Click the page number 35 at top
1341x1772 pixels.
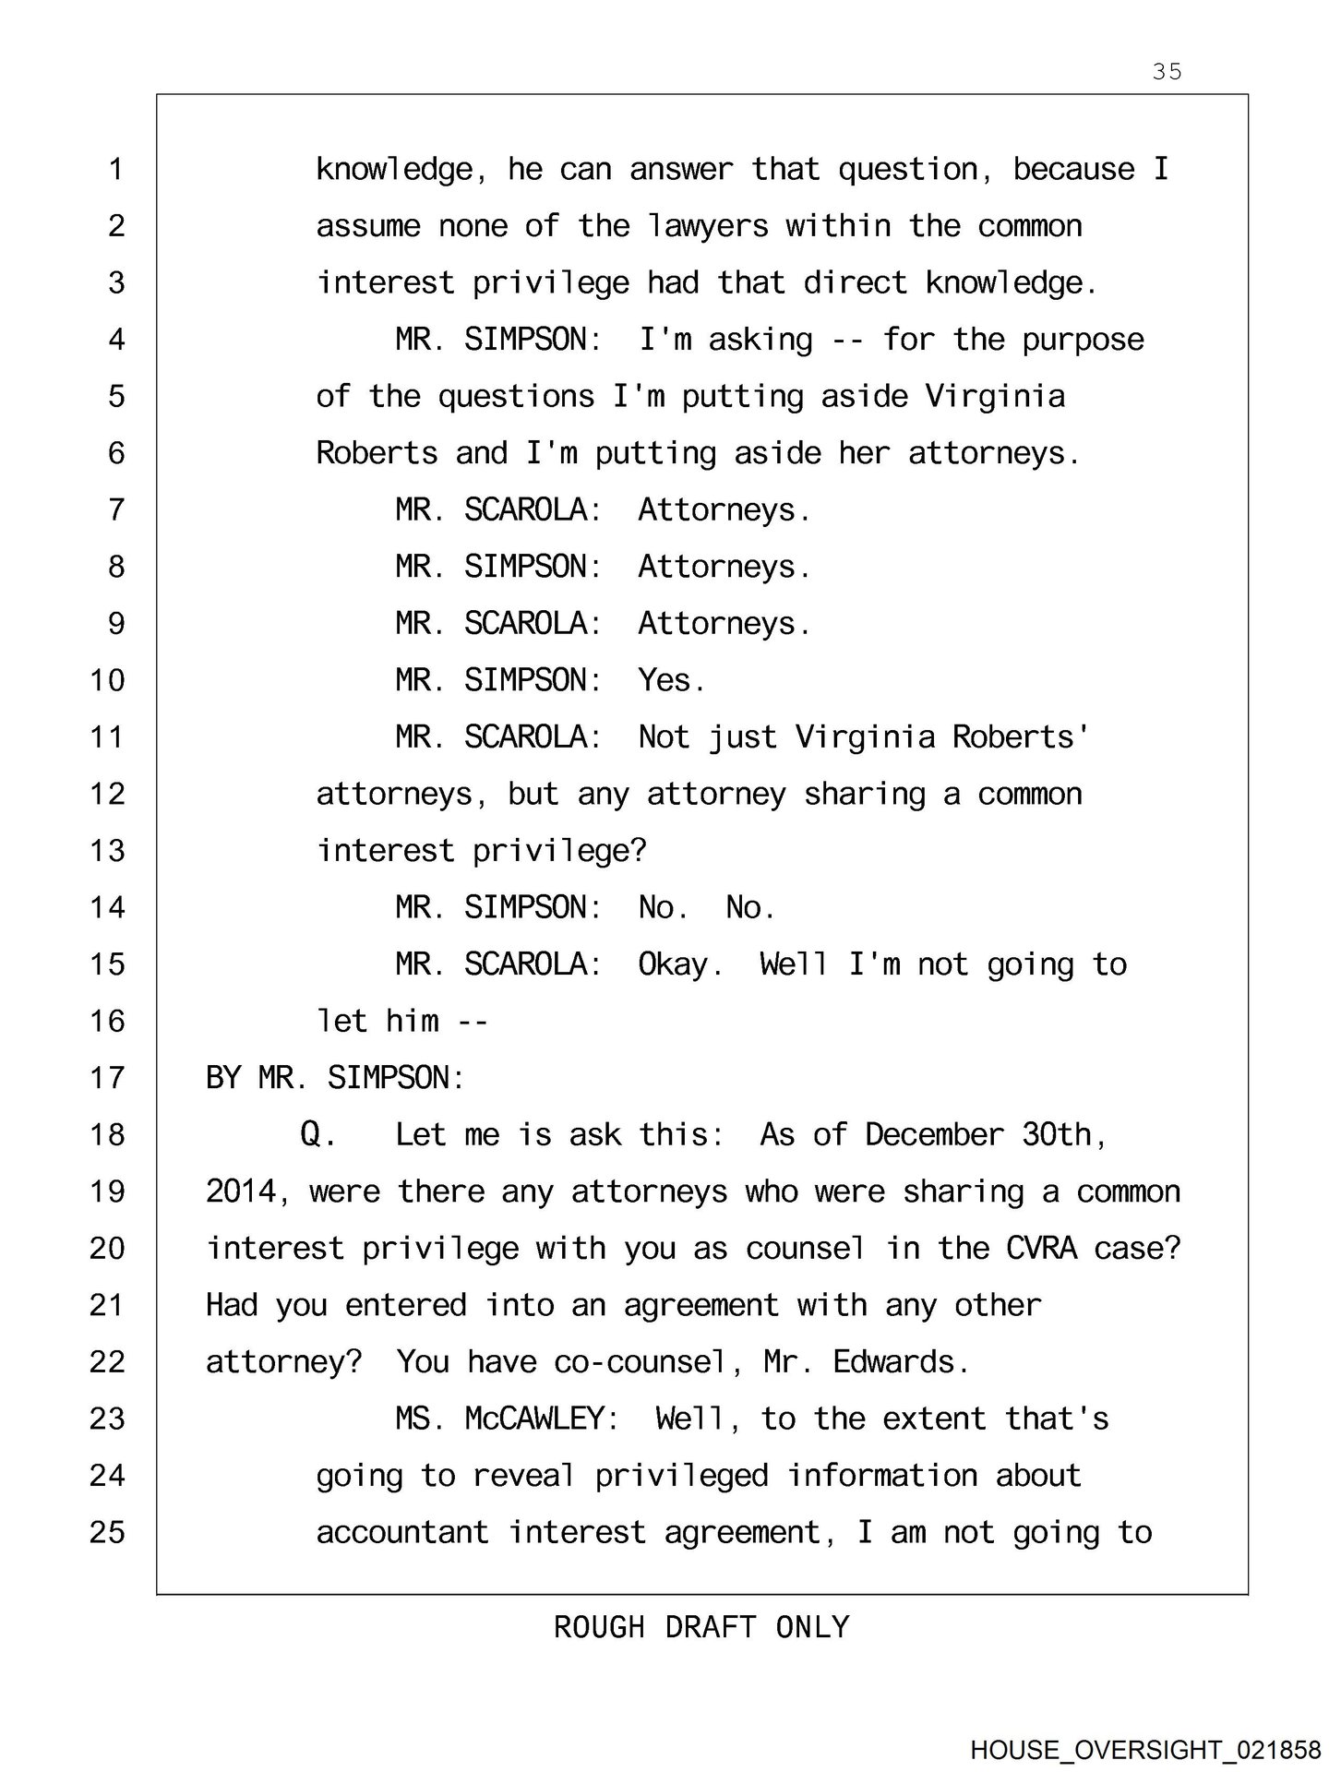(x=1167, y=71)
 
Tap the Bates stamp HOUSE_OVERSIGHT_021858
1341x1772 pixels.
(x=1145, y=1750)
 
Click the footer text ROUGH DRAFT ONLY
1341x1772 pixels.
(x=701, y=1626)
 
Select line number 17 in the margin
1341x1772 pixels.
(x=107, y=1078)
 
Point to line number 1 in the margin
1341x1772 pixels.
(x=115, y=170)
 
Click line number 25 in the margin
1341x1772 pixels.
(x=107, y=1532)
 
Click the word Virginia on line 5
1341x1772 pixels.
(x=995, y=397)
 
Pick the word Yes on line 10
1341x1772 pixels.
(x=671, y=680)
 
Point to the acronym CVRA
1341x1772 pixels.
(x=1041, y=1249)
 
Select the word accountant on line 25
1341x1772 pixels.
(x=402, y=1533)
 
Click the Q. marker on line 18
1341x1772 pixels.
(x=317, y=1135)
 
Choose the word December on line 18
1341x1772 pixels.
(x=933, y=1135)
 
